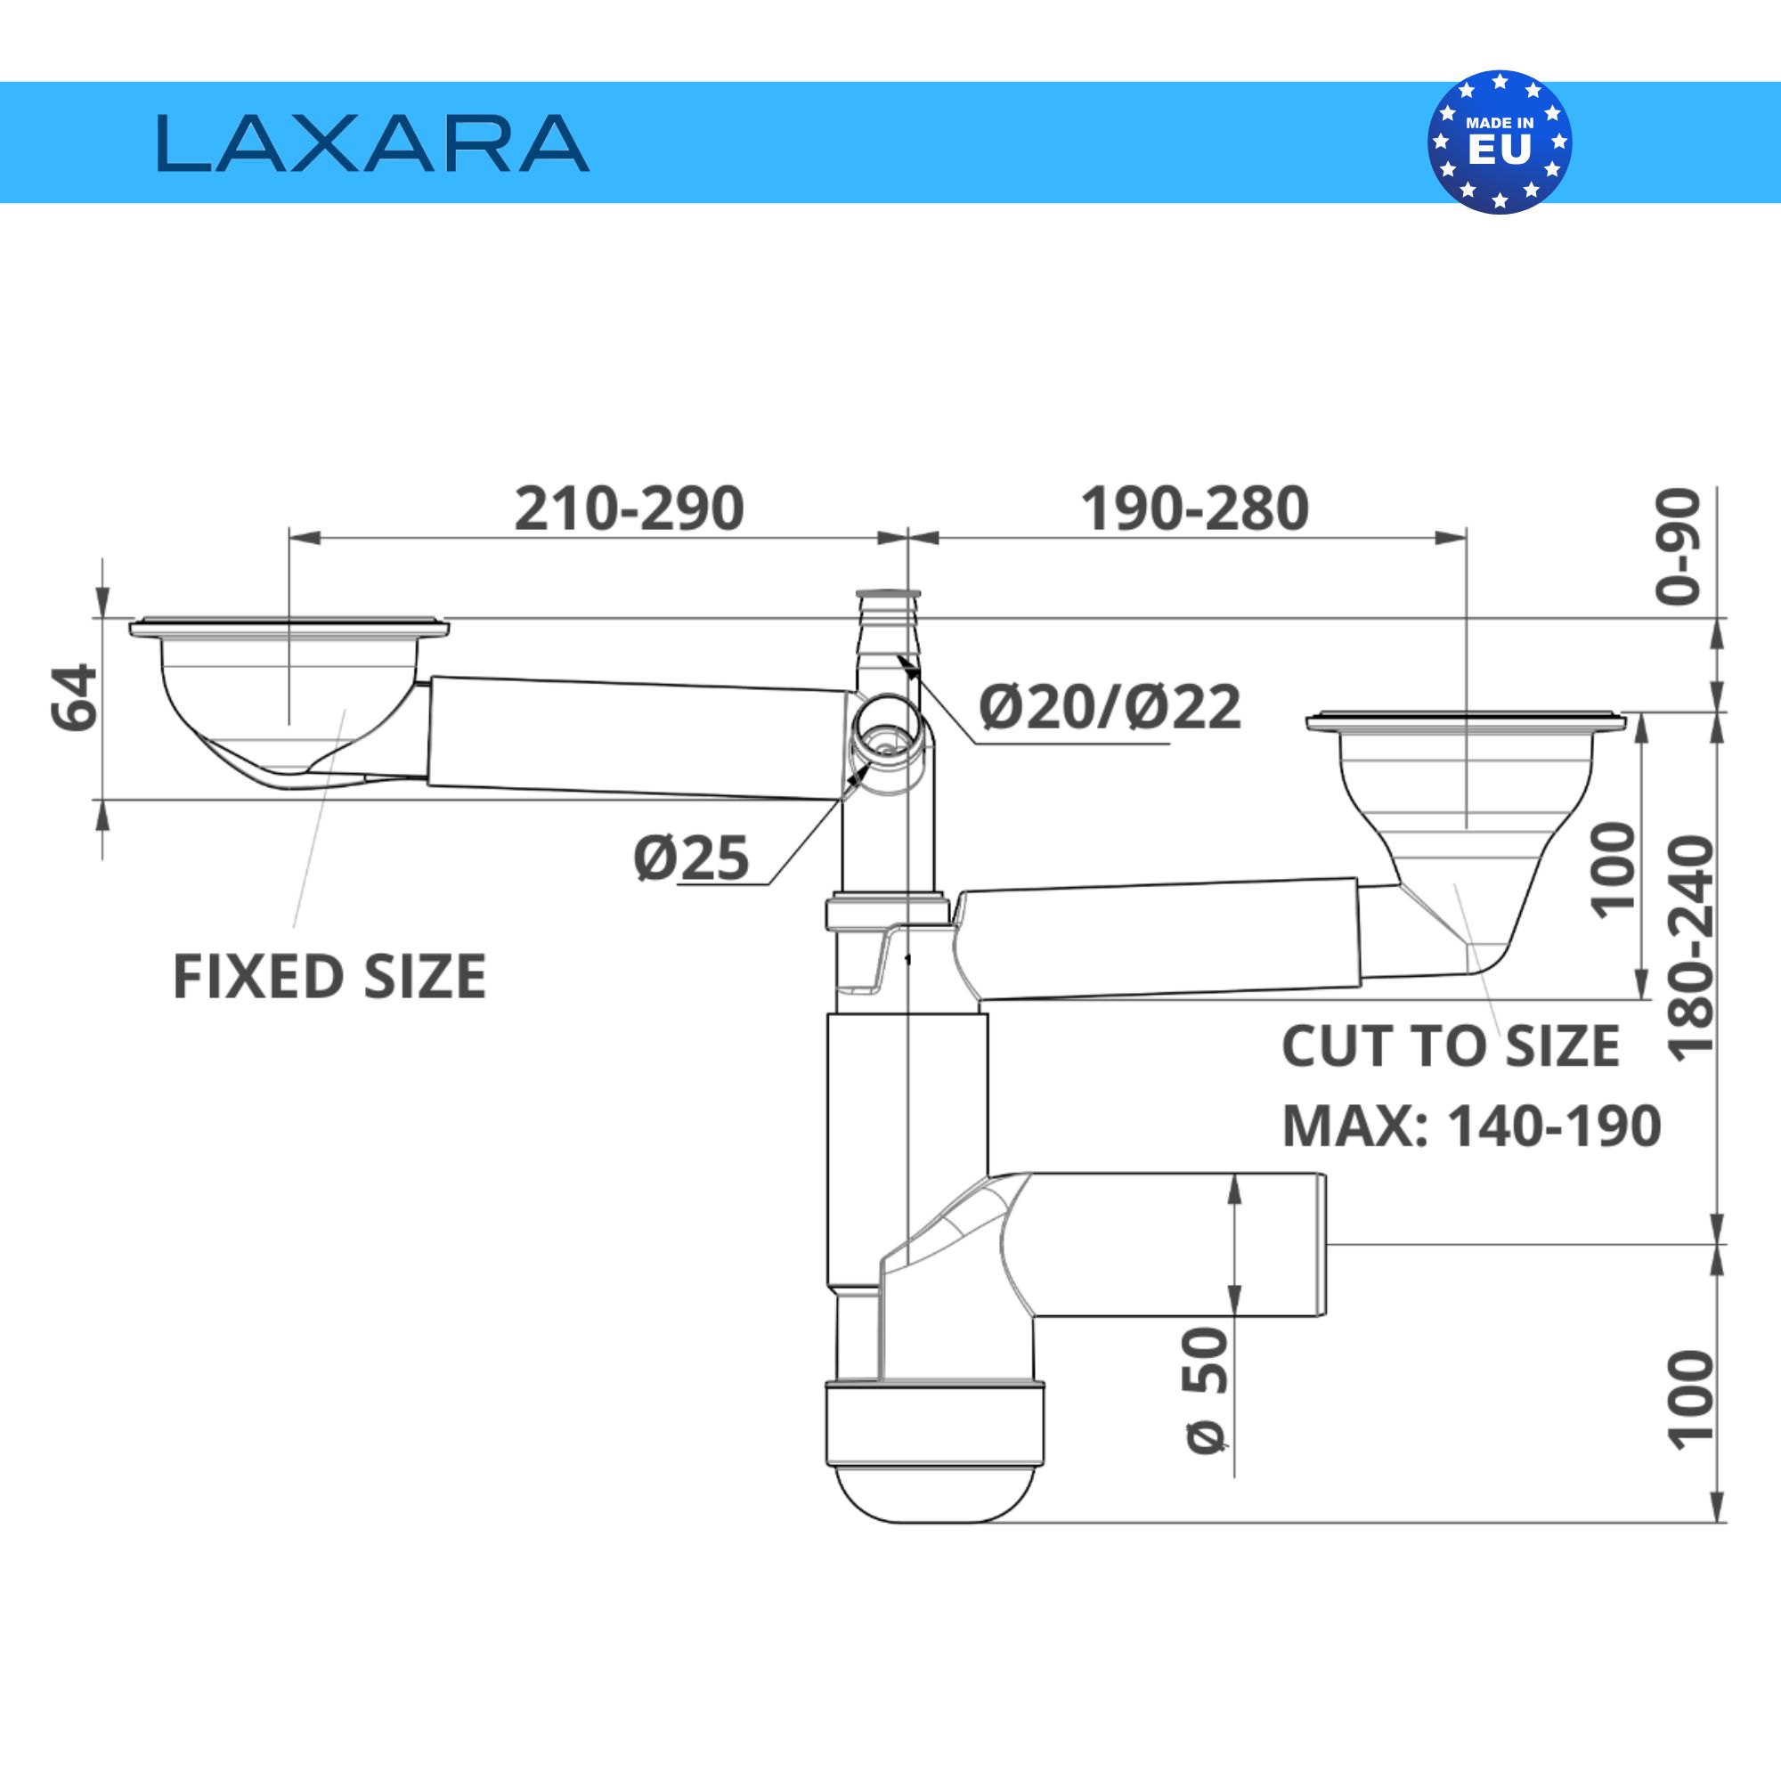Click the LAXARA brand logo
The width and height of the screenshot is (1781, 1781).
tap(372, 142)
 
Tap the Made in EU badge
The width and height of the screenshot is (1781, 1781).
tap(1500, 142)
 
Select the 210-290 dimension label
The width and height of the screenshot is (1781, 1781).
tap(629, 508)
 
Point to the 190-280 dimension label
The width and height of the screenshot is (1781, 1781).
tap(1195, 508)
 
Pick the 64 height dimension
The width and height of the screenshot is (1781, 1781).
tap(74, 698)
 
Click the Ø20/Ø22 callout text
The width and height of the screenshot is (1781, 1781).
tap(1110, 707)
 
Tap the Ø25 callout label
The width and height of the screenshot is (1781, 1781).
tap(691, 858)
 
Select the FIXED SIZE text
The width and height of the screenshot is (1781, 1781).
tap(329, 977)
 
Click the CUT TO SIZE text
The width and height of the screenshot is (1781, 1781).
tap(1450, 1046)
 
